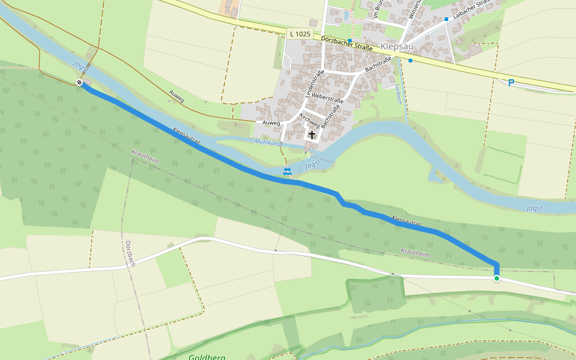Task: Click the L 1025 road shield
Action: pos(299,34)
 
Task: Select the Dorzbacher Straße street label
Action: pos(347,43)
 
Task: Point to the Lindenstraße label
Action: pos(314,84)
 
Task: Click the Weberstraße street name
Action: pos(327,100)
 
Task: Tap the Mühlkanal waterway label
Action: pos(268,142)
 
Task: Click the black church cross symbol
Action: pos(312,136)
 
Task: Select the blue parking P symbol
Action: pos(511,83)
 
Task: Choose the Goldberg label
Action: pos(207,357)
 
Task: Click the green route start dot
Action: pos(497,278)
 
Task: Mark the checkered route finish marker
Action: pos(80,82)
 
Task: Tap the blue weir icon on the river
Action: pos(287,172)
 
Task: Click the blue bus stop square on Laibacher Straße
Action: pos(446,19)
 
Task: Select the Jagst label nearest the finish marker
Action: pos(80,67)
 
